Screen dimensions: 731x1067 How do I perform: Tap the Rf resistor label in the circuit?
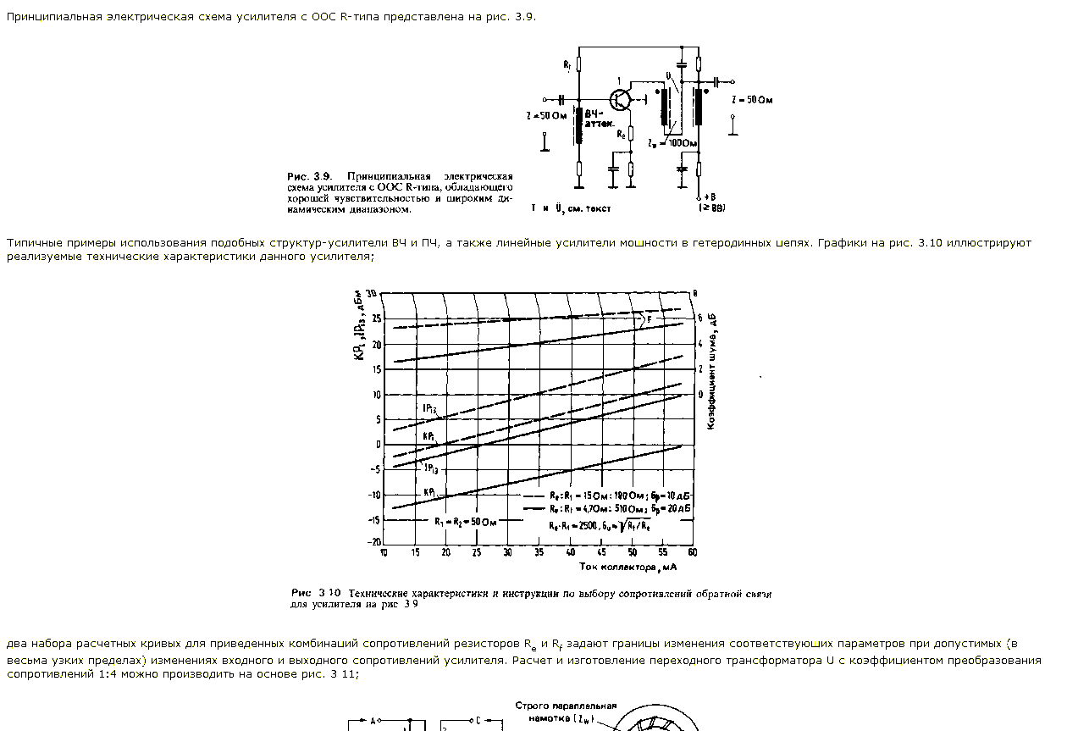click(567, 64)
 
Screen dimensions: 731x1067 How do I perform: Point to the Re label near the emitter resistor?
click(621, 133)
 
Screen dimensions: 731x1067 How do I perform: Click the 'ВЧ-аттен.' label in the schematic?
click(599, 117)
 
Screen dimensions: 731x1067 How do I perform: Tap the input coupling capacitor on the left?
click(560, 99)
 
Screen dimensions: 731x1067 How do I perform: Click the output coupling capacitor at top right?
click(717, 81)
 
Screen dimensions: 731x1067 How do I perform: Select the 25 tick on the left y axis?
click(376, 319)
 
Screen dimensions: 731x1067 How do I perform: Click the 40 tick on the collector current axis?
click(570, 552)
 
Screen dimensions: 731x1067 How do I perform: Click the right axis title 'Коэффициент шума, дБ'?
click(713, 372)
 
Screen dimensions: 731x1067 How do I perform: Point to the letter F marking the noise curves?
click(649, 319)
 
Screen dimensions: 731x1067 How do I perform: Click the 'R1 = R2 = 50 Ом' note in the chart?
click(465, 522)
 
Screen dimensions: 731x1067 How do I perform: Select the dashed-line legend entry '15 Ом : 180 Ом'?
click(607, 496)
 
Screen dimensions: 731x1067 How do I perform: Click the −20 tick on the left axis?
click(373, 542)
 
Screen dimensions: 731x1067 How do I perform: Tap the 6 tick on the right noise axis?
click(699, 318)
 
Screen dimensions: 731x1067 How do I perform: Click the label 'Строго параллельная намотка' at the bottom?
click(566, 712)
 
